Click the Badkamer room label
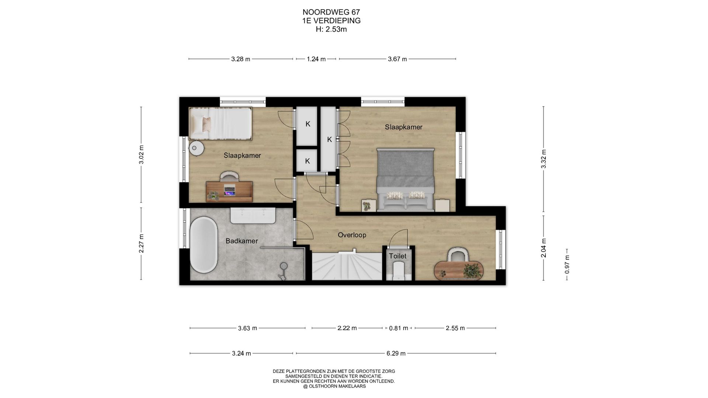coord(242,241)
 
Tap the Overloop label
coord(352,235)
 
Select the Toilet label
coord(398,256)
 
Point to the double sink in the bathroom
coord(253,215)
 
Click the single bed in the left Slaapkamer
coord(221,123)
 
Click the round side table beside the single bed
coord(196,148)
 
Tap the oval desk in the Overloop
coord(458,270)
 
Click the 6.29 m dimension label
coord(396,353)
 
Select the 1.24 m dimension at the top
coord(316,59)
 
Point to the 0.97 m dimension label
coord(567,264)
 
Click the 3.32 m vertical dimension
coord(543,159)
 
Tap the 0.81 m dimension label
coord(399,328)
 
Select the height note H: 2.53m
coord(331,29)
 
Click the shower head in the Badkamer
coord(284,265)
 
